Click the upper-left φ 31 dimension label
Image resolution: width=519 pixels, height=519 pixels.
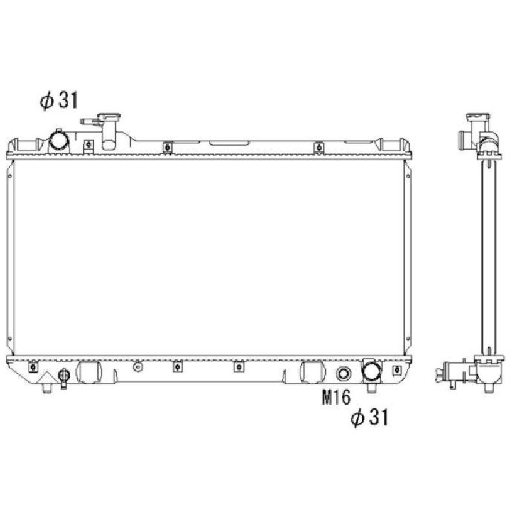point(59,101)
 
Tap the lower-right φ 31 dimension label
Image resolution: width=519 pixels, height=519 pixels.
point(369,416)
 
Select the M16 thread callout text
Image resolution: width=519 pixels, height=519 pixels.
point(336,397)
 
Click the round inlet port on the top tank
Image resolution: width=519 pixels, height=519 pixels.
point(59,140)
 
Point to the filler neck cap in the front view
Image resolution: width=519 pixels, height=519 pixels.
point(109,117)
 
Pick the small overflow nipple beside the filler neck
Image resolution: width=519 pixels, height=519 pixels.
point(90,121)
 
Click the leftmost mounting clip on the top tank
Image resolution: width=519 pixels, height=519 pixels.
point(88,145)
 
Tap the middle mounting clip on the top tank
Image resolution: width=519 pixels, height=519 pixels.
point(168,147)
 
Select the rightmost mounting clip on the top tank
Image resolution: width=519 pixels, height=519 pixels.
point(319,147)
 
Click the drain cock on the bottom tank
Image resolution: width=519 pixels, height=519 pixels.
point(64,377)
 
